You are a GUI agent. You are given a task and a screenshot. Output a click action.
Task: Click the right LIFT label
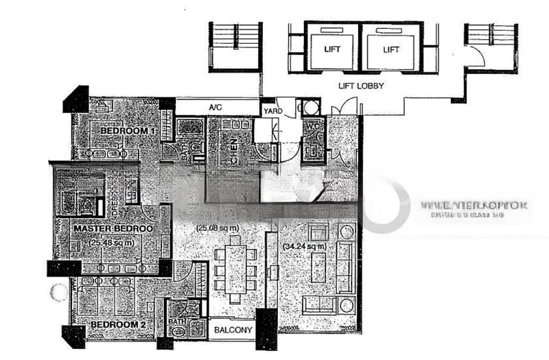391,49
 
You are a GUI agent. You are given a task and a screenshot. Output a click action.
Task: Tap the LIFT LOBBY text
360,86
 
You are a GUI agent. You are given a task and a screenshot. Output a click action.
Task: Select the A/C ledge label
215,107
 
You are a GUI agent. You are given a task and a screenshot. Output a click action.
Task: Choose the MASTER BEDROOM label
113,228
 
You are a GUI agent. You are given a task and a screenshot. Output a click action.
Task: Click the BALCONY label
233,330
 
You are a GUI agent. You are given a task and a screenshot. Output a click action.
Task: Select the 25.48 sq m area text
111,241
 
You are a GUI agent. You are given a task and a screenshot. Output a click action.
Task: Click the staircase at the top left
236,45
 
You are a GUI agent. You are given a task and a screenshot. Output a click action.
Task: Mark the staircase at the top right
491,45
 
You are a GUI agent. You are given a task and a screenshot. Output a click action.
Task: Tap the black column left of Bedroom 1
75,99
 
